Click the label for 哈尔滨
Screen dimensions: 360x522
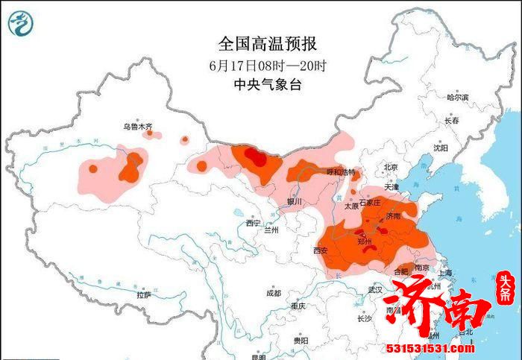coord(457,98)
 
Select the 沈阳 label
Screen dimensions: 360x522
coord(440,148)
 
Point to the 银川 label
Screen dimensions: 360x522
coord(295,202)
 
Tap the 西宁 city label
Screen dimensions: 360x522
coord(253,222)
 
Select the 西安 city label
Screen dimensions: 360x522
coord(321,250)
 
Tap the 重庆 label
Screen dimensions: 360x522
coord(299,306)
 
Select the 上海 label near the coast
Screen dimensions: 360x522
coord(446,274)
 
